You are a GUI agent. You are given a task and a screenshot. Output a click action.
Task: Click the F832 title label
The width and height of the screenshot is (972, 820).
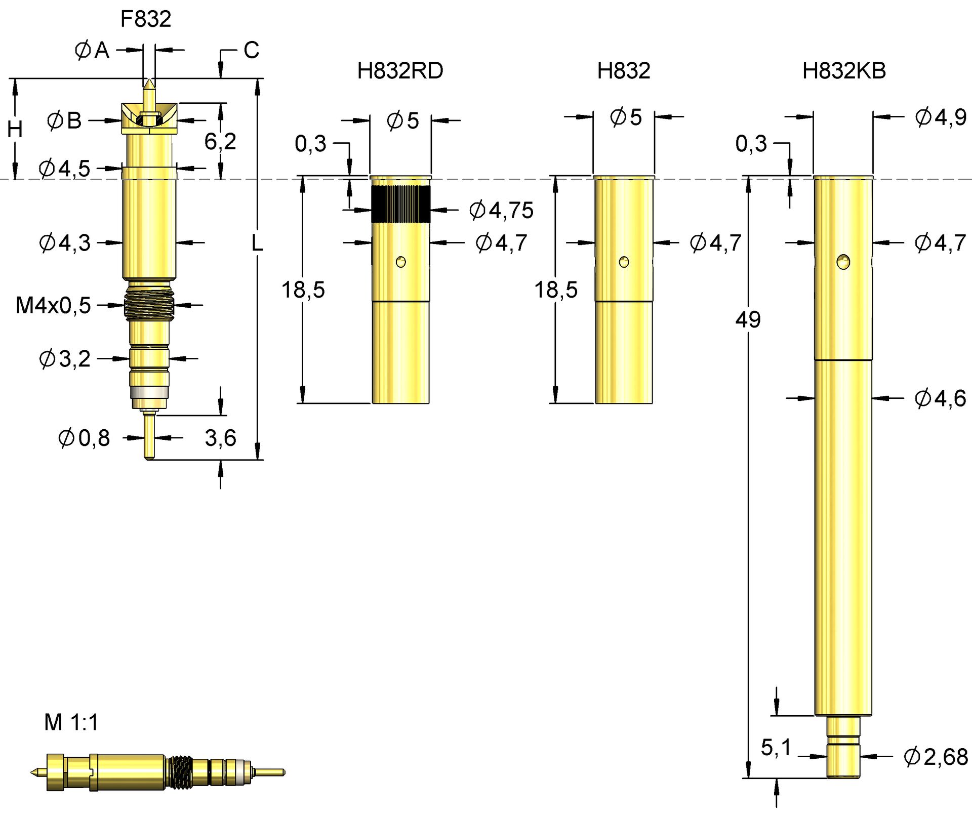146,19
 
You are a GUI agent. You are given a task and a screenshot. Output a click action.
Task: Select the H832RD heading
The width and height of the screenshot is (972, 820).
400,71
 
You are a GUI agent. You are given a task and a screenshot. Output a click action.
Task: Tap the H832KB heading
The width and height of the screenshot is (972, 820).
844,71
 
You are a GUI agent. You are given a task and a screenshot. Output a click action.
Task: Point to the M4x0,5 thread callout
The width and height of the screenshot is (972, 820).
53,306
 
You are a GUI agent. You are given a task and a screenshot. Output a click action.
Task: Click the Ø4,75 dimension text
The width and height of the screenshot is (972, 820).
501,210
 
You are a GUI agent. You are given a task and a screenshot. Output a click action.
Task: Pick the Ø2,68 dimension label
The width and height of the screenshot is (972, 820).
936,757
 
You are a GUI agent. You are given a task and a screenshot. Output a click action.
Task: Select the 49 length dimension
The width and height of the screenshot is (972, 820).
748,320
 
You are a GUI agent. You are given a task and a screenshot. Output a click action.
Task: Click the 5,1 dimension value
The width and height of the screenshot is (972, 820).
776,748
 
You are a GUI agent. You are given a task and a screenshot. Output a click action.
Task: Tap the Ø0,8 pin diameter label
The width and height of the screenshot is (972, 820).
84,438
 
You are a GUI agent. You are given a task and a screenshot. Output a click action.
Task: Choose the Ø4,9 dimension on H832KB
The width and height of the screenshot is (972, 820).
941,117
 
